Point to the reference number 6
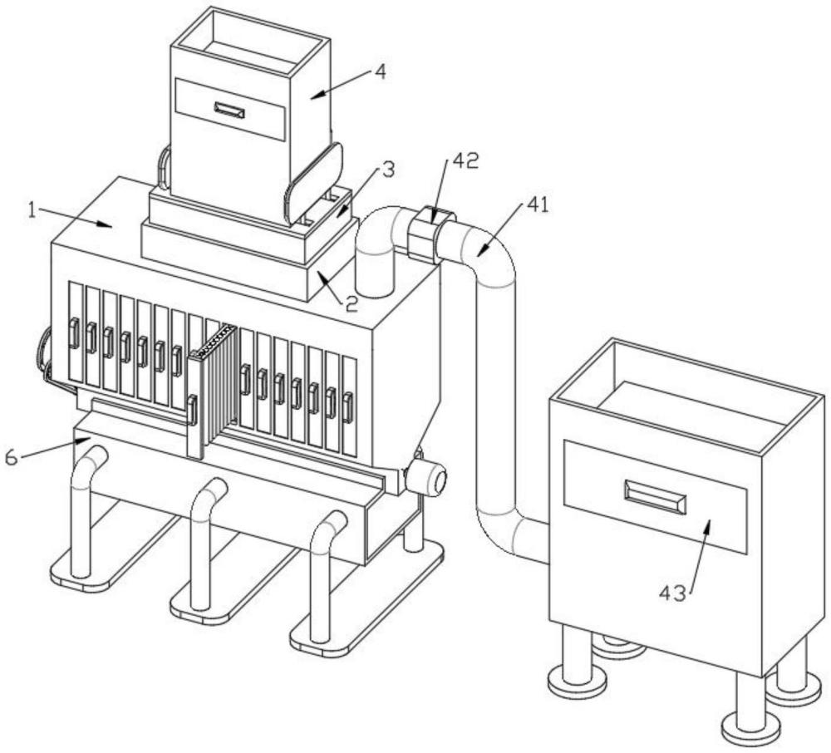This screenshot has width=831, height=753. coord(12,457)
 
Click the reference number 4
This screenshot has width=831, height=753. coord(379,71)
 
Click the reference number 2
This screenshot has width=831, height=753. coord(352,304)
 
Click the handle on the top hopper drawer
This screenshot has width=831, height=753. coord(229,110)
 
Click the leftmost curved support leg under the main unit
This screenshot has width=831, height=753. coord(83,507)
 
